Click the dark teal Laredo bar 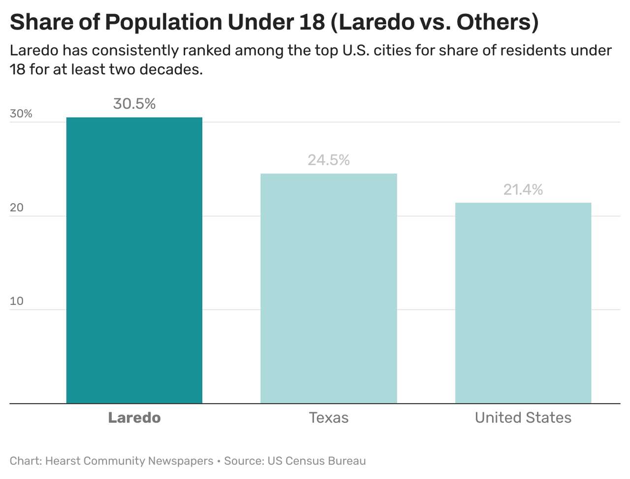click(134, 261)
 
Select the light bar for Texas click(328, 289)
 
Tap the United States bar click(523, 303)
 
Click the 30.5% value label click(134, 104)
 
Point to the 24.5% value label click(328, 160)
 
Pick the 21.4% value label click(523, 189)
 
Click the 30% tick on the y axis click(21, 114)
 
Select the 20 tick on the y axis click(16, 208)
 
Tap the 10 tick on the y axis click(16, 301)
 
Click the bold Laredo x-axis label click(134, 418)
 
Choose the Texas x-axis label click(328, 418)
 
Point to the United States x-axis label click(523, 418)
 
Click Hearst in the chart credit click(63, 461)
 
